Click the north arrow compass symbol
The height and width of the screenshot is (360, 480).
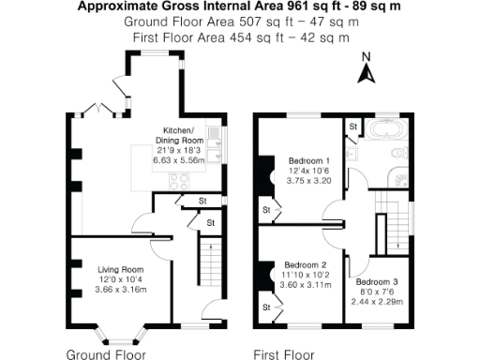368,68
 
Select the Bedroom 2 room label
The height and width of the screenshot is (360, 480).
305,264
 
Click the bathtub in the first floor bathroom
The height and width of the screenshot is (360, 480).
386,129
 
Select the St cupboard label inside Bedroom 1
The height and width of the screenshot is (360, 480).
266,209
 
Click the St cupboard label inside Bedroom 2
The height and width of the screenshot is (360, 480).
266,307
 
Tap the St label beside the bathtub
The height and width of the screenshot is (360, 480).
353,125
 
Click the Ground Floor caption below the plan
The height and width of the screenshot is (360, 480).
106,354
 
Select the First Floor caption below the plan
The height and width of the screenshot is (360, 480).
284,354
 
